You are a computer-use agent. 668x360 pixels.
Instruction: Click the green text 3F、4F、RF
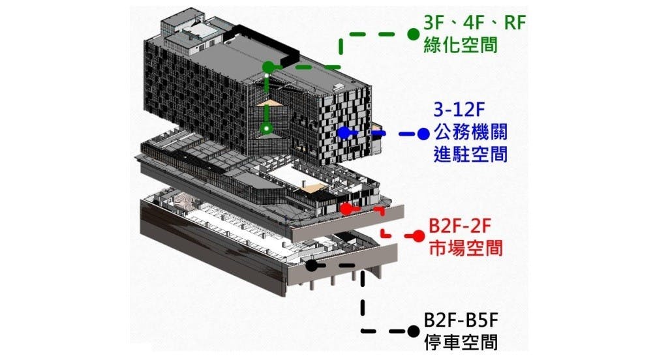pyautogui.click(x=474, y=24)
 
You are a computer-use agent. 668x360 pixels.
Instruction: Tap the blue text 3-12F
pyautogui.click(x=464, y=108)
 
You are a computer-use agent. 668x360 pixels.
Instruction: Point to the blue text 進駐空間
pyautogui.click(x=470, y=155)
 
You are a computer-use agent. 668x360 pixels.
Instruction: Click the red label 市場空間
pyautogui.click(x=459, y=248)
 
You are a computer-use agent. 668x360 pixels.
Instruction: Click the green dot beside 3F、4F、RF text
pyautogui.click(x=412, y=33)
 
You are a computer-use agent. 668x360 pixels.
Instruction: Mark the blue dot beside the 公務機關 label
pyautogui.click(x=423, y=134)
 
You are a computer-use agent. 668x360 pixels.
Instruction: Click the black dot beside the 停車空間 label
pyautogui.click(x=413, y=331)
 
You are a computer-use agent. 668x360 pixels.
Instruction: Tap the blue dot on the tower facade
pyautogui.click(x=344, y=132)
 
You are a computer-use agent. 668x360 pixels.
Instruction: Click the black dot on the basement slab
pyautogui.click(x=312, y=265)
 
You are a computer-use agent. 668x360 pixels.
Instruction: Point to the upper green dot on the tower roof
pyautogui.click(x=267, y=67)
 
